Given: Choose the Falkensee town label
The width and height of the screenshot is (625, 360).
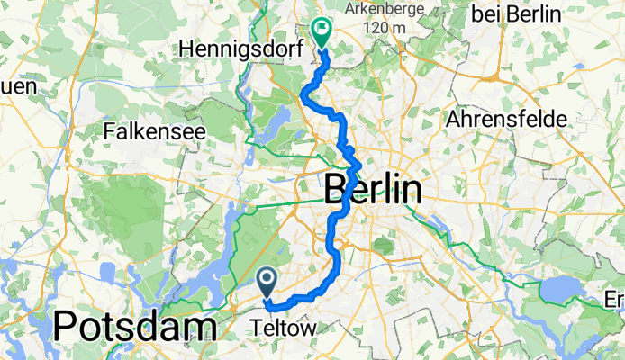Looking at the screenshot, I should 155,131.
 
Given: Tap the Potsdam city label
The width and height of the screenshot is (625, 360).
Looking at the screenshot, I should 135,328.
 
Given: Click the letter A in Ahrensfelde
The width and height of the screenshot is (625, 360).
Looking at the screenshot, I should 453,118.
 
